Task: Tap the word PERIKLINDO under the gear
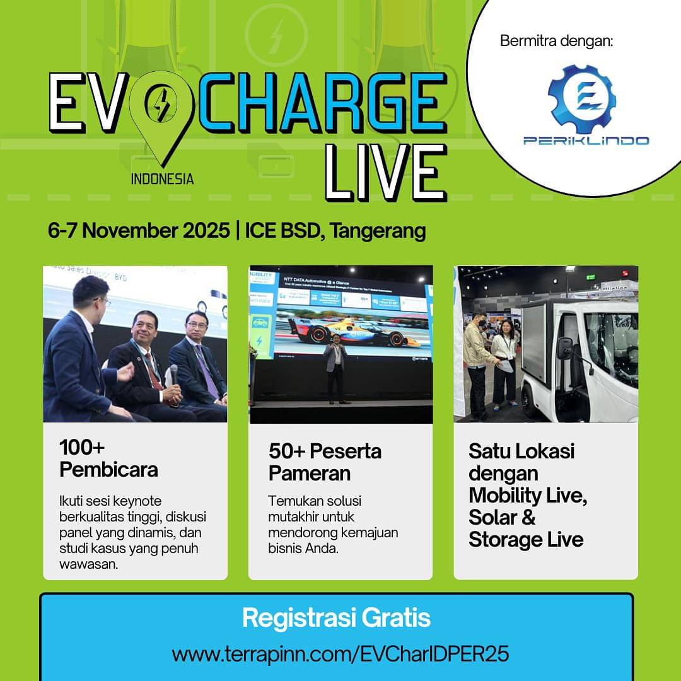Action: point(586,140)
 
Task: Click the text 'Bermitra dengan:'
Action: point(556,42)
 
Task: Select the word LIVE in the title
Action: point(385,172)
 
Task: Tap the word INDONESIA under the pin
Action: point(162,178)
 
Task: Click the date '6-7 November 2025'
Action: point(139,231)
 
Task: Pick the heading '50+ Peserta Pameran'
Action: point(325,462)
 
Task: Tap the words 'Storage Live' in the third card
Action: point(526,540)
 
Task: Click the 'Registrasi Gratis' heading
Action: point(336,618)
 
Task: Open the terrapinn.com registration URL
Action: point(340,654)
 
